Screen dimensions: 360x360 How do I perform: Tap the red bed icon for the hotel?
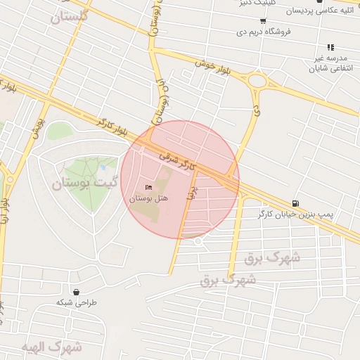click(x=148, y=188)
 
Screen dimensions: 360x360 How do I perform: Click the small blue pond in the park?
click(x=103, y=167)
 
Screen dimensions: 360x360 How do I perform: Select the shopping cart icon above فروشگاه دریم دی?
click(x=263, y=20)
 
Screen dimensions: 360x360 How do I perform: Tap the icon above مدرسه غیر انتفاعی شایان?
click(x=330, y=47)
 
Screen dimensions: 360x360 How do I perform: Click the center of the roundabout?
click(x=258, y=81)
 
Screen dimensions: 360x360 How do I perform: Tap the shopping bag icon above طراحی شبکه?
click(x=76, y=292)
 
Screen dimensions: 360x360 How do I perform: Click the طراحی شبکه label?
click(x=77, y=302)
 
